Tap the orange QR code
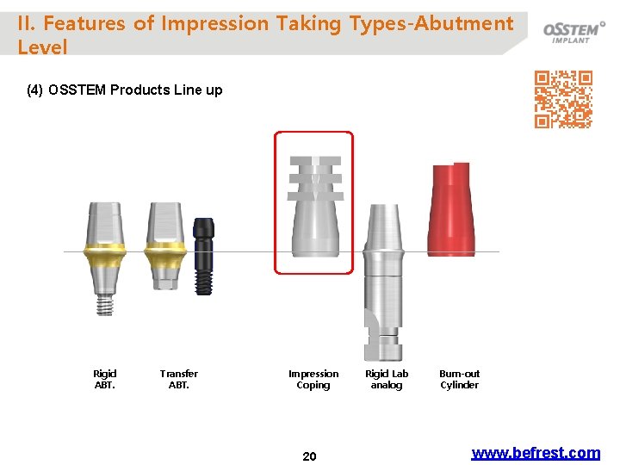pos(563,99)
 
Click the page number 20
pos(310,456)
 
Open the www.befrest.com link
pos(536,453)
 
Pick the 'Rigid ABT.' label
pos(105,379)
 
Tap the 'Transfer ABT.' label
pos(179,379)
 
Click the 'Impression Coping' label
pos(313,379)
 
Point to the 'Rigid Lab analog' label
pos(387,379)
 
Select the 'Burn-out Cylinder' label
pos(460,379)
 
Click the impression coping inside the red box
pos(314,207)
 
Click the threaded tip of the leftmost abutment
pos(105,304)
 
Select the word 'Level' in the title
pos(42,47)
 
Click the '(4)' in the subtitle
pos(36,90)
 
